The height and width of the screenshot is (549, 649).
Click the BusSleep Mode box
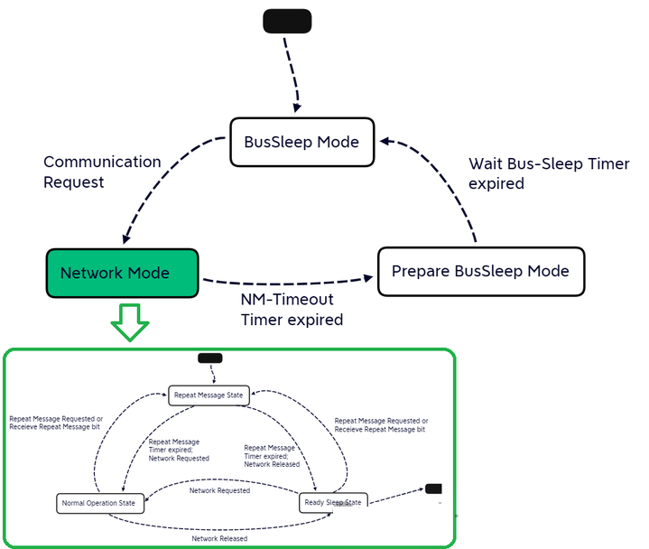point(302,142)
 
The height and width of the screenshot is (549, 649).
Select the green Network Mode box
point(122,273)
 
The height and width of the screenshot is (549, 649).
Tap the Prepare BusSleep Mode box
point(481,272)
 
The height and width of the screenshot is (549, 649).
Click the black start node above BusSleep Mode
point(287,21)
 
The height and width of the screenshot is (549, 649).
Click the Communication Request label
point(102,172)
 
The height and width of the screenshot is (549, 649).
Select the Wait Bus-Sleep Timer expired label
point(549,173)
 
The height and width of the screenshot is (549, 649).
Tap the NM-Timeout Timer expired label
point(292,310)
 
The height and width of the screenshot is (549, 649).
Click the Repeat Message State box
point(209,395)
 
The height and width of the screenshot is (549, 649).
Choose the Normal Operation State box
point(100,504)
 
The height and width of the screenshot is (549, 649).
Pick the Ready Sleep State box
point(333,503)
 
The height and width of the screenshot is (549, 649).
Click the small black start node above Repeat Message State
point(209,358)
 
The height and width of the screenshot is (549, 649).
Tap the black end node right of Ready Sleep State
point(433,489)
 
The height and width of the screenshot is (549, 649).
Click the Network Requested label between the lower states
point(219,490)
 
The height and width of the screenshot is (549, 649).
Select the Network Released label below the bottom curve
point(219,539)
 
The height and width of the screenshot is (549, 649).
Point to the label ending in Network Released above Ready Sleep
point(272,456)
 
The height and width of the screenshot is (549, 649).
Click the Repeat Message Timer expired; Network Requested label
point(179,450)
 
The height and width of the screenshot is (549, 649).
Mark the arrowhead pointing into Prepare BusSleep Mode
point(368,278)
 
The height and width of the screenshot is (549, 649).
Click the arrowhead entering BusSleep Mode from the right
point(385,142)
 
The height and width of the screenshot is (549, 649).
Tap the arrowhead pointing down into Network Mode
point(126,239)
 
